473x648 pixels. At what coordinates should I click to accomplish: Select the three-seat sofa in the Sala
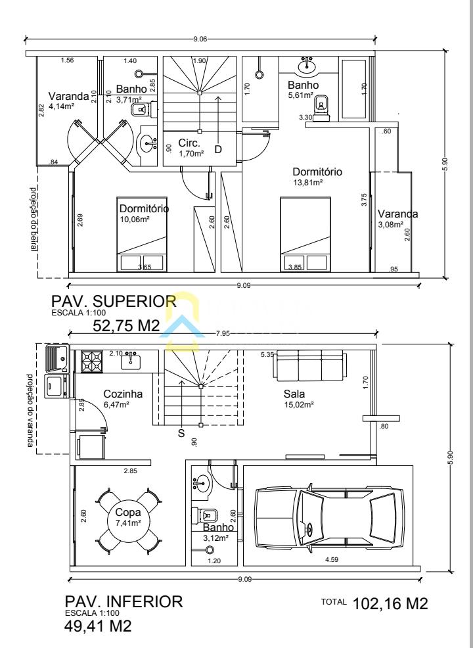point(309,365)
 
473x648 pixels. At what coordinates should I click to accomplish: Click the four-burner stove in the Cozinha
point(92,361)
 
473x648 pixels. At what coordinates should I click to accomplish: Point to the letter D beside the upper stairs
point(218,149)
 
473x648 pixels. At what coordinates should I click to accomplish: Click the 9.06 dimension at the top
point(200,39)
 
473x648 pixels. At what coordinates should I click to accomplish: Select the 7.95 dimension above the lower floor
point(223,333)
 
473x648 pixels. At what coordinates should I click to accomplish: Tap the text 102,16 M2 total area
point(390,604)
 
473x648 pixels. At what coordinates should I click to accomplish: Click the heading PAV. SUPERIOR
point(114,300)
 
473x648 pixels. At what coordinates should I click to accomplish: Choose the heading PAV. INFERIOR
point(124,601)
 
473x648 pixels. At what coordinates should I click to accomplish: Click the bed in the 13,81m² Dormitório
point(305,235)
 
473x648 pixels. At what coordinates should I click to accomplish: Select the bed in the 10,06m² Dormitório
point(142,235)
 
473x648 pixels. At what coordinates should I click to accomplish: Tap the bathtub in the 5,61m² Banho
point(353,89)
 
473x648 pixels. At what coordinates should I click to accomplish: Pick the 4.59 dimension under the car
point(332,559)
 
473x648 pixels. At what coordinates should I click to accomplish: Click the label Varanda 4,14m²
point(68,101)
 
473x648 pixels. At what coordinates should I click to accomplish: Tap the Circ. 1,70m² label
point(191,148)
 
